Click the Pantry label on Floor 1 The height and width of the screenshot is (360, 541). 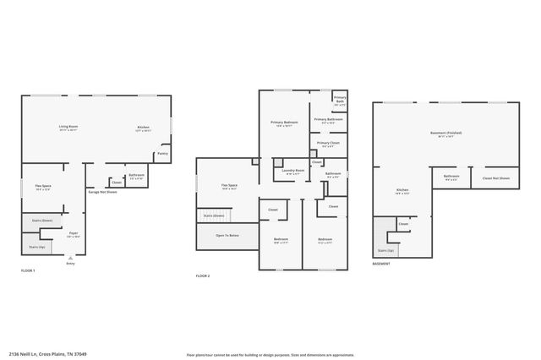tap(162, 154)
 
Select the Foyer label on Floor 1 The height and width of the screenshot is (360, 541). tap(73, 233)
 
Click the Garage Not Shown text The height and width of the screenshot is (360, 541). tap(102, 192)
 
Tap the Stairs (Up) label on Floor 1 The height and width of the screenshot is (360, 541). tap(36, 248)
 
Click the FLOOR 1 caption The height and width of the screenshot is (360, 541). tap(29, 270)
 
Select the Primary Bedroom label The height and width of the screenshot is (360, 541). tap(283, 123)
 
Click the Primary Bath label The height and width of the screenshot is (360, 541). tap(340, 99)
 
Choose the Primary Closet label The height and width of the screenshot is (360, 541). tap(328, 144)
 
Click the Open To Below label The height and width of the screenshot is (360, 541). tap(227, 236)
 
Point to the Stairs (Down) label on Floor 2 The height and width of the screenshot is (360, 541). tap(214, 215)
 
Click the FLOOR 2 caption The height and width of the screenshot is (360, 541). tap(203, 276)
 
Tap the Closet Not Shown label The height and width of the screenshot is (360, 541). tap(495, 177)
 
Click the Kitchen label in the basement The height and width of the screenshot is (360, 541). tap(402, 191)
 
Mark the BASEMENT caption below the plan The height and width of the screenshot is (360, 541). tap(381, 264)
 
